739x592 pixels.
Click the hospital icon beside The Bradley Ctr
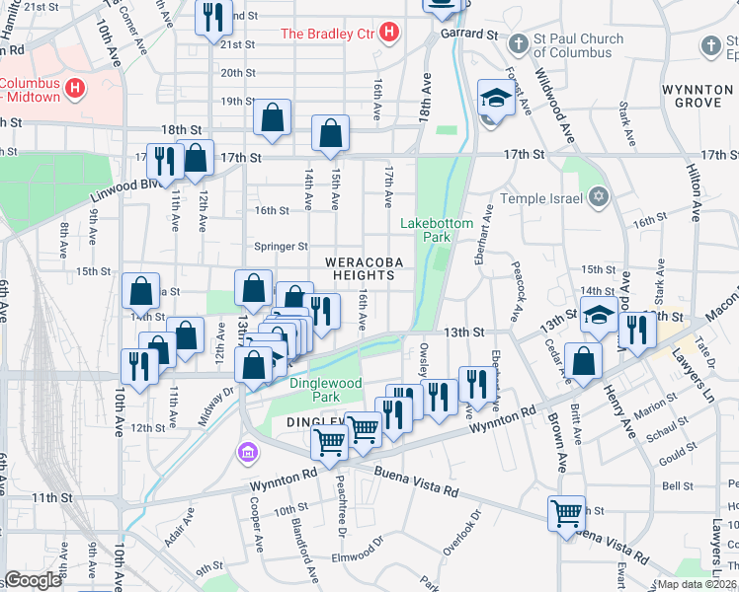pos(389,33)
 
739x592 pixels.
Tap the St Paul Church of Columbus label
pos(579,45)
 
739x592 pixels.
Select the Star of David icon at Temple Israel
pos(597,198)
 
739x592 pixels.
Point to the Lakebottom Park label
pos(437,230)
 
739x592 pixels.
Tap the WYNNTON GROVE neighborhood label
pos(698,96)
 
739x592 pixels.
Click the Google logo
pos(33,580)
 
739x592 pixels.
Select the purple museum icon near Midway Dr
pos(247,453)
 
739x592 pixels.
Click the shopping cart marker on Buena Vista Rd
pos(567,512)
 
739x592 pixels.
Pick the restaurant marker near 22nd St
pos(212,17)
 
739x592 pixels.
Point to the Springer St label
pos(283,247)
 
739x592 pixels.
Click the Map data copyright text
pos(696,584)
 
